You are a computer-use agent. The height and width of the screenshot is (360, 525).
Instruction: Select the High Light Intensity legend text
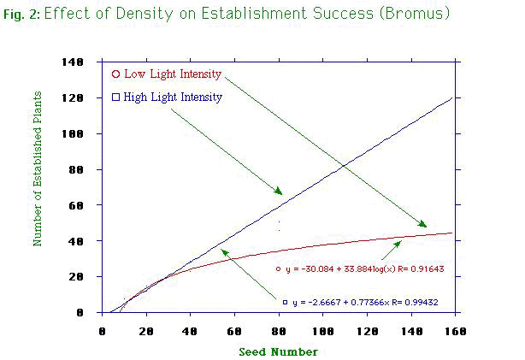[173, 97]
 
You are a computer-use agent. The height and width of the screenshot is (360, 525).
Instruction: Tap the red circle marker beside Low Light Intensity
[115, 74]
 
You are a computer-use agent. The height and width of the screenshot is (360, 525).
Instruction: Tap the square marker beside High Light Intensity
[115, 97]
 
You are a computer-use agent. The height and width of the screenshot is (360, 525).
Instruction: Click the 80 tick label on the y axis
[86, 170]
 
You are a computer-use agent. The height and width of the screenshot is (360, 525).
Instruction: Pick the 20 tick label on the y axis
[86, 277]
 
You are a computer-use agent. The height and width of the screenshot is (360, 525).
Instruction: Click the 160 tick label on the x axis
[454, 330]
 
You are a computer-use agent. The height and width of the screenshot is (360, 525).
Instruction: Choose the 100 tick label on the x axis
[321, 330]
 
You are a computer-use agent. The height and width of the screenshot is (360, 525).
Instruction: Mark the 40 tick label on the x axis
[190, 330]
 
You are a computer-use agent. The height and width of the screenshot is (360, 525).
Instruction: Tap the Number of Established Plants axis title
[38, 187]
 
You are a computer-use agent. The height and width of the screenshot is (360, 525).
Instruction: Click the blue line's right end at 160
[452, 97]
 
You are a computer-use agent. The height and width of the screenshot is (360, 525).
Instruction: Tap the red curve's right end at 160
[452, 233]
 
